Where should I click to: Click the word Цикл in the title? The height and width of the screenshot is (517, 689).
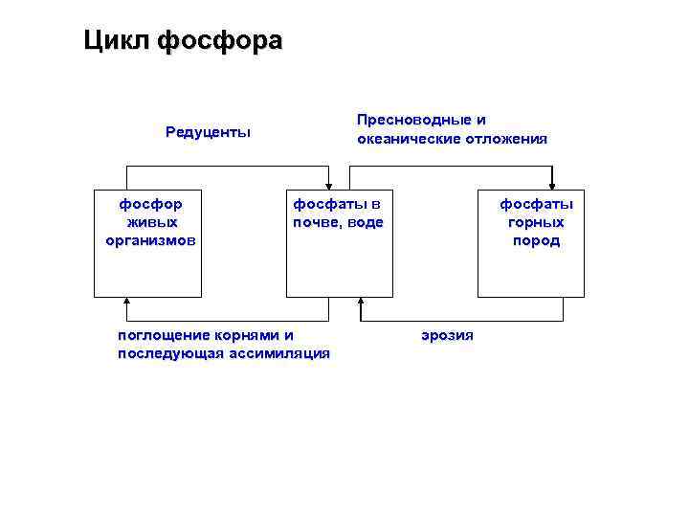[x=116, y=41]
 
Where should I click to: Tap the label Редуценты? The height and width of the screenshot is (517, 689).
[x=208, y=132]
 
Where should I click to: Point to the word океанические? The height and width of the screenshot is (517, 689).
[x=410, y=139]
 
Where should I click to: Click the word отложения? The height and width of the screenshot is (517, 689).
[x=507, y=139]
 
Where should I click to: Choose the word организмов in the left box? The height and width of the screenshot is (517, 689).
[x=150, y=240]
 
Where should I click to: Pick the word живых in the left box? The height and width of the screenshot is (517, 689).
[x=150, y=222]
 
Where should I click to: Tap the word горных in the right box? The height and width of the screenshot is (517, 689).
[x=536, y=222]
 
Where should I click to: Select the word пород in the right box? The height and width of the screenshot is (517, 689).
[x=536, y=240]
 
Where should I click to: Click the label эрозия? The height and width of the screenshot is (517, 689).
[x=447, y=335]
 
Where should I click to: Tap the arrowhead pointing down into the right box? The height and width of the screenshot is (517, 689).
[x=552, y=186]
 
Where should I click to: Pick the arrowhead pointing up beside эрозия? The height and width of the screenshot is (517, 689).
[x=361, y=303]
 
